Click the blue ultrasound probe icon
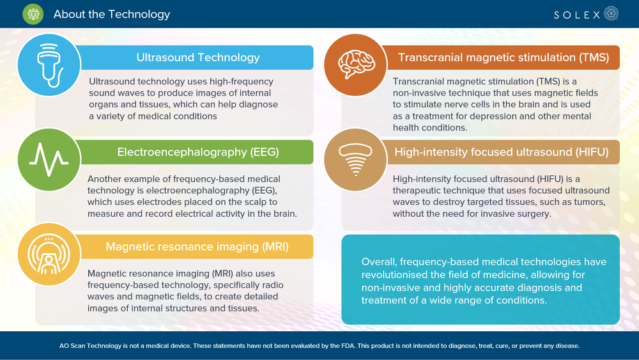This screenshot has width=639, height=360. pyautogui.click(x=49, y=65)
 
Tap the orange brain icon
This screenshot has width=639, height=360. pyautogui.click(x=356, y=64)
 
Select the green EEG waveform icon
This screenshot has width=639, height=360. pyautogui.click(x=49, y=159)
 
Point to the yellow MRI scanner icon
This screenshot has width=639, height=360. pyautogui.click(x=49, y=254)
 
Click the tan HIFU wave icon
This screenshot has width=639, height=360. pyautogui.click(x=355, y=159)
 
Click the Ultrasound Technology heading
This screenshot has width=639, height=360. pyautogui.click(x=198, y=58)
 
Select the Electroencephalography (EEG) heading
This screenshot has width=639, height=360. pyautogui.click(x=198, y=152)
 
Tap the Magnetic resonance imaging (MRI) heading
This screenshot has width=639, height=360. pyautogui.click(x=197, y=247)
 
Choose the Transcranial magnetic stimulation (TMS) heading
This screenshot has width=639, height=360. pyautogui.click(x=504, y=58)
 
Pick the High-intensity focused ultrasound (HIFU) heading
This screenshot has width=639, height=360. pyautogui.click(x=501, y=152)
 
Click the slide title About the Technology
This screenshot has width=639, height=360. pyautogui.click(x=112, y=14)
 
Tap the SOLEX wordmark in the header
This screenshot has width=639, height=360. pyautogui.click(x=576, y=15)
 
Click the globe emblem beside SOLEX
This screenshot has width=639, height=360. pyautogui.click(x=612, y=13)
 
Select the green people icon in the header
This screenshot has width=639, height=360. pyautogui.click(x=33, y=14)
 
